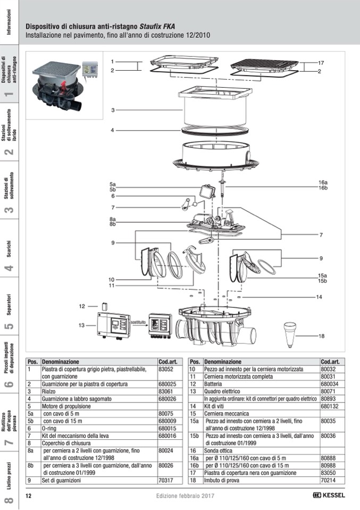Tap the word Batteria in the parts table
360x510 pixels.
(x=213, y=383)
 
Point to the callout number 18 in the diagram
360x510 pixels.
(x=321, y=336)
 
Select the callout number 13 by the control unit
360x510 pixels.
(x=81, y=325)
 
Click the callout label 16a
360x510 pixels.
(x=323, y=182)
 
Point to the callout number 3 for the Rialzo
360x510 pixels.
(x=113, y=110)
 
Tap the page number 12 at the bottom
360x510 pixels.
(x=29, y=495)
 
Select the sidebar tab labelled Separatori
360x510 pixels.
(x=9, y=302)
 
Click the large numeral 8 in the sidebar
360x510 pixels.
(x=9, y=499)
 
